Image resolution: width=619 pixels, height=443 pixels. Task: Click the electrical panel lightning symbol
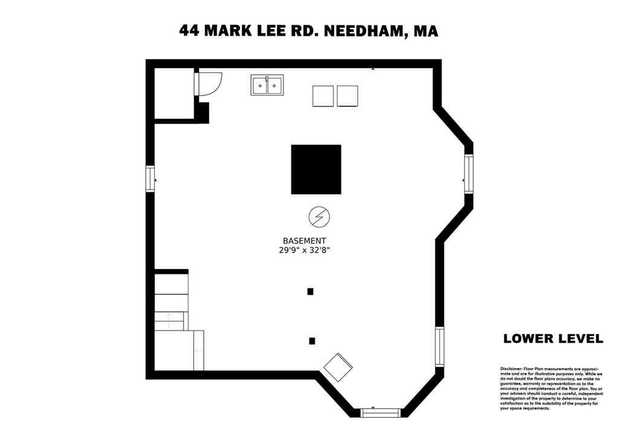pos(319,216)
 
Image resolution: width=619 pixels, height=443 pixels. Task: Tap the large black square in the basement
pos(316,169)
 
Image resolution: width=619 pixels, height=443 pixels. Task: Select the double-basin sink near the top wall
pos(267,85)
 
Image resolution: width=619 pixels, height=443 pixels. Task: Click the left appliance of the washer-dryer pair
pos(323,96)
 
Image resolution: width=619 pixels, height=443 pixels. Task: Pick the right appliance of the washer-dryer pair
pos(347,96)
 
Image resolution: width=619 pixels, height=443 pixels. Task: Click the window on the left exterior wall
pos(150,179)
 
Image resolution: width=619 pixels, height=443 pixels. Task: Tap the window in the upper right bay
pos(468,174)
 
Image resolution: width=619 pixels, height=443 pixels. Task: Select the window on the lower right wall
pos(439,346)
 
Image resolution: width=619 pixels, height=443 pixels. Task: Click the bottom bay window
pos(381,413)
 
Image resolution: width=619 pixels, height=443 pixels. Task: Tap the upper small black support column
pos(310,291)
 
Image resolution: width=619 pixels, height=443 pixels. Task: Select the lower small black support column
pos(312,341)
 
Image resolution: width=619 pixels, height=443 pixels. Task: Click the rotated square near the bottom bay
pos(338,367)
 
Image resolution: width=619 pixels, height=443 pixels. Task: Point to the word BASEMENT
pos(305,240)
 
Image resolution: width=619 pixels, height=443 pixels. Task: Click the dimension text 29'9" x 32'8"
pos(305,250)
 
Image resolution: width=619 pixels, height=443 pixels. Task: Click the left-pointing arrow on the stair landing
pos(196,351)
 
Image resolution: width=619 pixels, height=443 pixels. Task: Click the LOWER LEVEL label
pos(553,338)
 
